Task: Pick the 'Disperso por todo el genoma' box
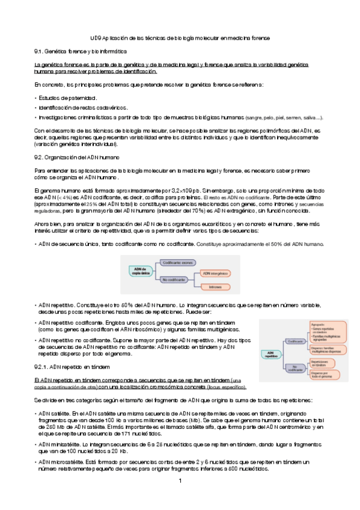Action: pos(323,374)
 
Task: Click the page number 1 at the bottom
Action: pos(180,482)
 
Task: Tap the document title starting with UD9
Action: pos(180,38)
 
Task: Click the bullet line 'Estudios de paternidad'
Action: pos(67,97)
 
